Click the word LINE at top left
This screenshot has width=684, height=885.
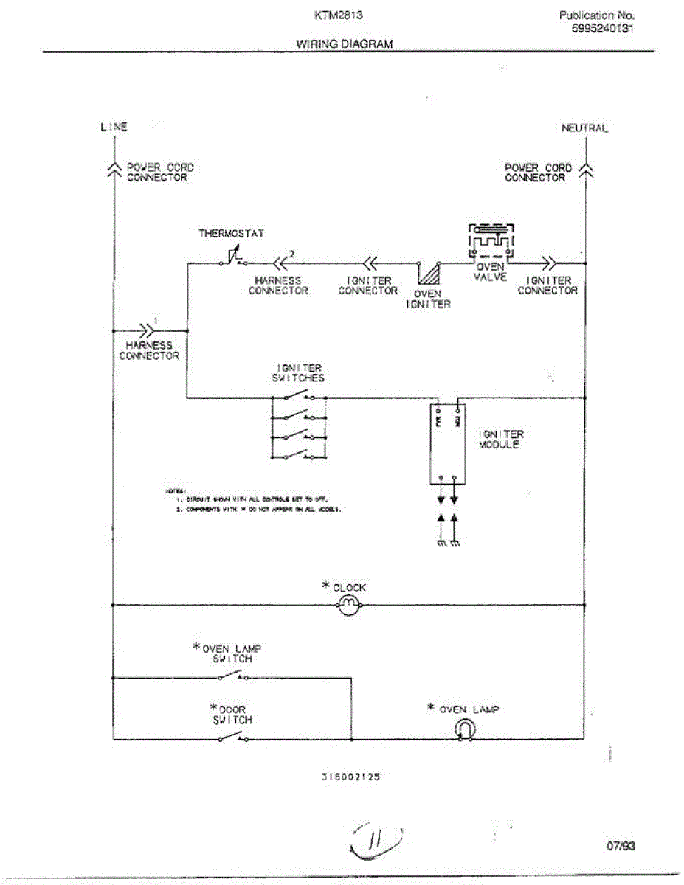pos(114,127)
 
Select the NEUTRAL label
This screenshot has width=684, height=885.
pos(584,128)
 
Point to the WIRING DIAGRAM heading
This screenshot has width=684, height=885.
pos(345,44)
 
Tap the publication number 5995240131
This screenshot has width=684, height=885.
pos(604,29)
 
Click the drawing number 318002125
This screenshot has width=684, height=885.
pos(350,777)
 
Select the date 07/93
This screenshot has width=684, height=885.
pos(620,846)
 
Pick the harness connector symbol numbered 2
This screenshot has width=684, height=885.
pos(280,263)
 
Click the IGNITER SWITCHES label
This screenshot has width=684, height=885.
pos(300,372)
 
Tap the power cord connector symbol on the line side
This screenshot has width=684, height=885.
pos(114,170)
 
